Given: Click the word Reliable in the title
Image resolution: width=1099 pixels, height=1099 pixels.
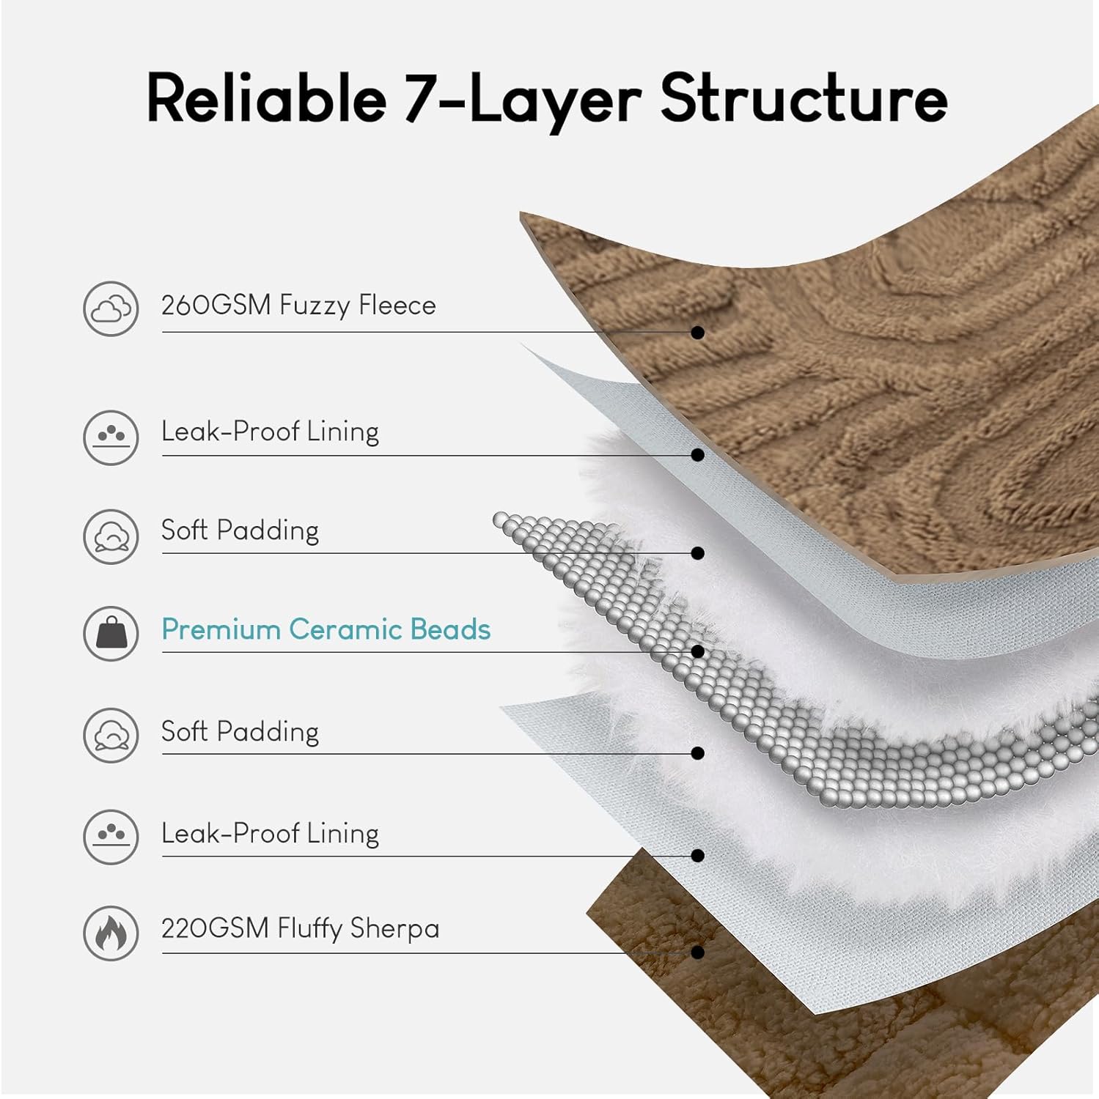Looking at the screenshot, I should point(266,98).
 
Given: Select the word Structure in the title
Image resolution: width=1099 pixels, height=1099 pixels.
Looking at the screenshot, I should point(804,98).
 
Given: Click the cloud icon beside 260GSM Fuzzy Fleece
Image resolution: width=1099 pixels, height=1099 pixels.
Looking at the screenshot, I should point(111,308).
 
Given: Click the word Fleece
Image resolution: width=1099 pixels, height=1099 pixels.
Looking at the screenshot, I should point(397,305).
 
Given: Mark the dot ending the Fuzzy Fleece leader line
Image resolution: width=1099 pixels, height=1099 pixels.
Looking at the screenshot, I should point(698,333).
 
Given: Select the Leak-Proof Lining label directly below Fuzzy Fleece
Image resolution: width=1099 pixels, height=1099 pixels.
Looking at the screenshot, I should point(270,432).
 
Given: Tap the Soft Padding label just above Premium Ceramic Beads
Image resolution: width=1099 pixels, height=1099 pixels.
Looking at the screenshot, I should point(240,530).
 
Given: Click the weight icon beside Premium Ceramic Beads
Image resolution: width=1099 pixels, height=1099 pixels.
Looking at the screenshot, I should point(111,633).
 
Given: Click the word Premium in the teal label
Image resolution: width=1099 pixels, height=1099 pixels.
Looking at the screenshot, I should point(221,629).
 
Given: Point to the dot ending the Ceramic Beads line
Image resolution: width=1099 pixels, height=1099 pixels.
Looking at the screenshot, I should point(698,651).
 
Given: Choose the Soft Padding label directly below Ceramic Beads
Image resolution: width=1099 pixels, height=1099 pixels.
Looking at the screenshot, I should point(240,731).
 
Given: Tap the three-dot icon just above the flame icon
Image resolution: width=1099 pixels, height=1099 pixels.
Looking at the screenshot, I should point(111,836).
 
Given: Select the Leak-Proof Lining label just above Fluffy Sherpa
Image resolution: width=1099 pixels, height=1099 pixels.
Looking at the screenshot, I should point(270,833).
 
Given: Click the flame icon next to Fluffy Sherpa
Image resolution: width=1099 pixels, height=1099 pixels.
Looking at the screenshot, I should point(111,933).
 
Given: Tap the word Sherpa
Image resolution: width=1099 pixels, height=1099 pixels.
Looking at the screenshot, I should point(394,928).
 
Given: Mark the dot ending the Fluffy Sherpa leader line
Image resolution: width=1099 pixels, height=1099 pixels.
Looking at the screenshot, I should point(698,952).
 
